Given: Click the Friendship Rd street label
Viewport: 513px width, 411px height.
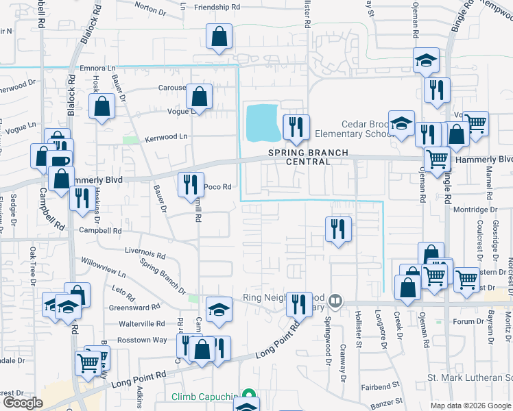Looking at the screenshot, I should point(218,7).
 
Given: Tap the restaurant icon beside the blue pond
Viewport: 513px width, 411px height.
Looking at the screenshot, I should point(296,127).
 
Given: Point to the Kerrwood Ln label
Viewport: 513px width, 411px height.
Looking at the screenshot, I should point(165,138).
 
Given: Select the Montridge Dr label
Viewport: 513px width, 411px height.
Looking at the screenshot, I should point(475,210).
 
